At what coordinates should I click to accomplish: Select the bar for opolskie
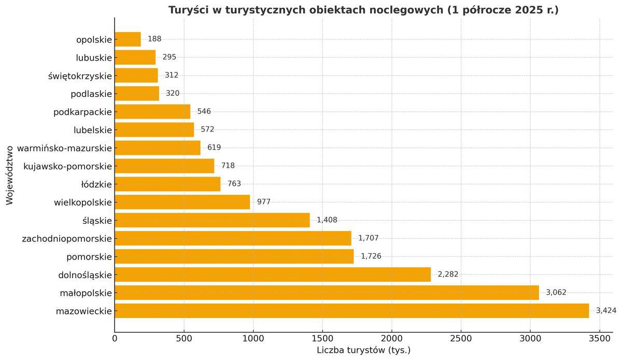[x=128, y=39]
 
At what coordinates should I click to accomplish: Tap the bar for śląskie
[x=212, y=220]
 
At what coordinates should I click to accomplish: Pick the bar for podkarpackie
[x=152, y=112]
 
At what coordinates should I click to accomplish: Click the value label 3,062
[x=556, y=293]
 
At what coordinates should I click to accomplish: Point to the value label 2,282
[x=448, y=275]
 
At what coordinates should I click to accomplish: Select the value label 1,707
[x=369, y=238]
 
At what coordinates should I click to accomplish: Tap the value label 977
[x=264, y=202]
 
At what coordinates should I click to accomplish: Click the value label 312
[x=172, y=76]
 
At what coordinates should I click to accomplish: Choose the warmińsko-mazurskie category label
[x=64, y=148]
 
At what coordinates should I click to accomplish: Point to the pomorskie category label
[x=89, y=257]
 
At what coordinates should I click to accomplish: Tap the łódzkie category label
[x=96, y=184]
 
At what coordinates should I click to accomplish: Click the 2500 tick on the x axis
[x=461, y=339]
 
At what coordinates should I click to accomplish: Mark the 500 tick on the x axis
[x=184, y=339]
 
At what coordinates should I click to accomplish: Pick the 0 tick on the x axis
[x=115, y=339]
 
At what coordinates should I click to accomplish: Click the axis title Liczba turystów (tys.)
[x=363, y=351]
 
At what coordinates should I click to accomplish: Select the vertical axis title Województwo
[x=10, y=175]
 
